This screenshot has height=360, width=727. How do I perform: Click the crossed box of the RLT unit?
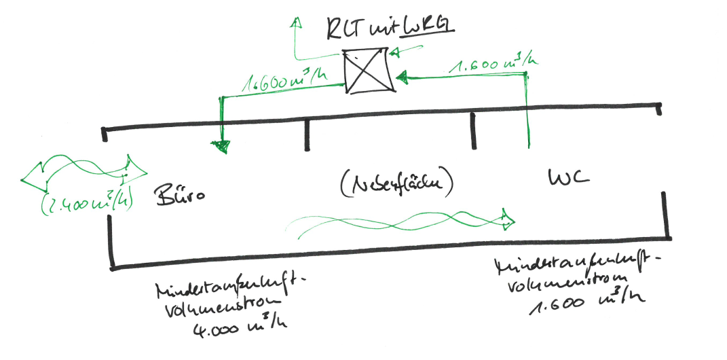(367, 71)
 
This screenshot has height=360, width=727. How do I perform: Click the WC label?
(570, 178)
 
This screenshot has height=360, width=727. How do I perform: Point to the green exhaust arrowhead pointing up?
(295, 22)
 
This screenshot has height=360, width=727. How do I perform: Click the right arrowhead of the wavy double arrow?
(133, 167)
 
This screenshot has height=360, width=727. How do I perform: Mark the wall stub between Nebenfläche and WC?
(474, 131)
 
